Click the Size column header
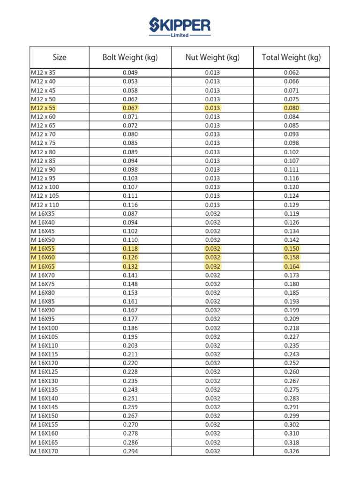coord(60,58)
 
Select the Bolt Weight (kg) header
coord(130,58)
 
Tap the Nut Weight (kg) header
coord(212,58)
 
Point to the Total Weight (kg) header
coord(291,58)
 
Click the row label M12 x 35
coord(43,73)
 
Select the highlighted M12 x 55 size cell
coord(43,108)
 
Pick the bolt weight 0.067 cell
coord(130,108)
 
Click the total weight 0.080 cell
coord(291,108)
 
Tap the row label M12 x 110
coord(45,205)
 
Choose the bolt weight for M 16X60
coord(130,257)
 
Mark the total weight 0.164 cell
coord(291,266)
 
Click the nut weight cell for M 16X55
coord(212,248)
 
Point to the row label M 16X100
coord(45,328)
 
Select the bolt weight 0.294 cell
coord(130,451)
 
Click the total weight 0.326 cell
coord(291,451)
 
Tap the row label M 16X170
coord(45,451)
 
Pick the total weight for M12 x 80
coord(291,152)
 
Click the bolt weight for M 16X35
coord(130,213)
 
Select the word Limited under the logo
coord(180,35)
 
